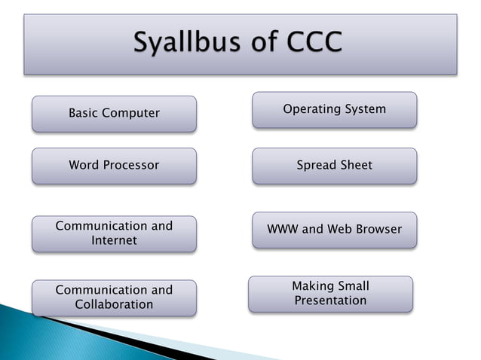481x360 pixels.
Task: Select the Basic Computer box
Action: (x=114, y=114)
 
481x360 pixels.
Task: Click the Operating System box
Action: (x=334, y=110)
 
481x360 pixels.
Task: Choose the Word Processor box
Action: (x=114, y=166)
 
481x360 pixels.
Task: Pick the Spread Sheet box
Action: (x=334, y=166)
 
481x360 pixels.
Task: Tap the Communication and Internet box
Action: (x=114, y=233)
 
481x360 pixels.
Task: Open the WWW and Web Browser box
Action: (x=334, y=230)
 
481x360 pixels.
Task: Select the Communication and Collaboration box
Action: (x=114, y=297)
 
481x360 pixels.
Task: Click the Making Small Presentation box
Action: (x=330, y=294)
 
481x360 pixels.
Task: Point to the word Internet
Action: (x=114, y=241)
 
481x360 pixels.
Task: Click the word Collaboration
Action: (x=114, y=305)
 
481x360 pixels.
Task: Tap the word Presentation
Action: (x=330, y=301)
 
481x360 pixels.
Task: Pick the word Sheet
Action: (x=356, y=166)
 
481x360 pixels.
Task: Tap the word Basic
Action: (x=84, y=114)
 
